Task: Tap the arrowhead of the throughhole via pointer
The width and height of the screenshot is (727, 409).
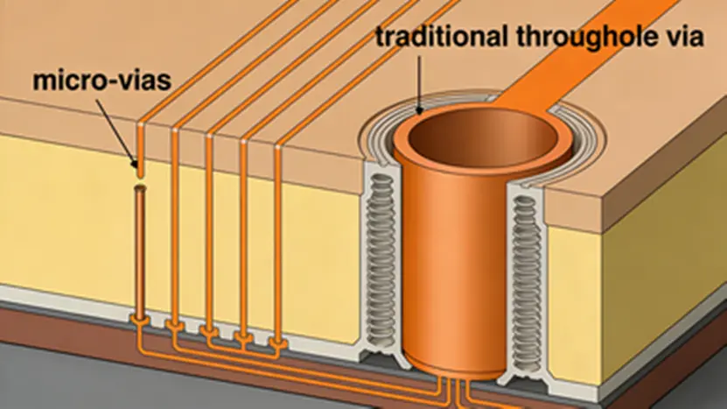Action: [x=419, y=111]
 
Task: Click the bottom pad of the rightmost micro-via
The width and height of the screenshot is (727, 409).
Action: [x=278, y=342]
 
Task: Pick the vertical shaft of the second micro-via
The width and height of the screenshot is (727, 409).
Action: [x=175, y=228]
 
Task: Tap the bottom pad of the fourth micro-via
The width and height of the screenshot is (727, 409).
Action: [x=244, y=336]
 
